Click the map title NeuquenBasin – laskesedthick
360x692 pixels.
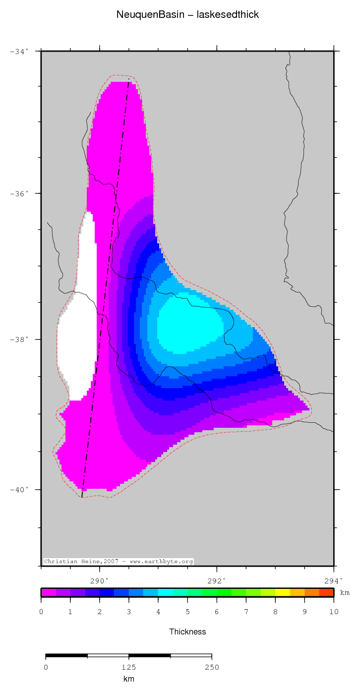pyautogui.click(x=187, y=15)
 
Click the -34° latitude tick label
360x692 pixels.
pyautogui.click(x=19, y=51)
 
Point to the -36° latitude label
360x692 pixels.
pyautogui.click(x=19, y=193)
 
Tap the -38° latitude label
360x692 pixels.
pyautogui.click(x=19, y=340)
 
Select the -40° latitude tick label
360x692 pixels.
pyautogui.click(x=19, y=490)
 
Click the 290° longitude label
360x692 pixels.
pyautogui.click(x=99, y=580)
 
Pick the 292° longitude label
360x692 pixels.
pyautogui.click(x=217, y=580)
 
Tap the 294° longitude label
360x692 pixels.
pyautogui.click(x=333, y=580)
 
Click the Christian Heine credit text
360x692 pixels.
pyautogui.click(x=119, y=562)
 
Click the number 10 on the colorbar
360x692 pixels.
pyautogui.click(x=333, y=612)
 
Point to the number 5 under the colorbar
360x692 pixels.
pyautogui.click(x=187, y=612)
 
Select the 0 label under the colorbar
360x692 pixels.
pyautogui.click(x=41, y=612)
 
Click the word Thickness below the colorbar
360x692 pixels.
pyautogui.click(x=187, y=632)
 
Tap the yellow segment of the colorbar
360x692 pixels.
pyautogui.click(x=282, y=592)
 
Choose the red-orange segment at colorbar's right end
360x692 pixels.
pyautogui.click(x=326, y=592)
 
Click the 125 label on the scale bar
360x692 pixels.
pyautogui.click(x=128, y=667)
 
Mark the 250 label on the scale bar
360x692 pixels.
pyautogui.click(x=212, y=667)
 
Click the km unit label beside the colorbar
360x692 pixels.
pyautogui.click(x=345, y=593)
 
